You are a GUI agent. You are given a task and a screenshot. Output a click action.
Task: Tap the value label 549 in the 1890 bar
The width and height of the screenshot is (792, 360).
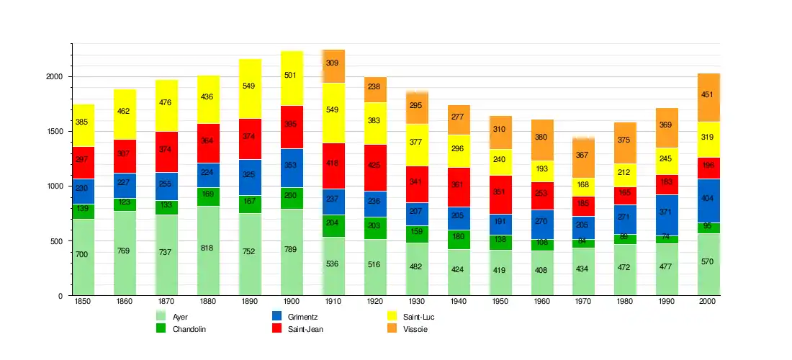point(249,86)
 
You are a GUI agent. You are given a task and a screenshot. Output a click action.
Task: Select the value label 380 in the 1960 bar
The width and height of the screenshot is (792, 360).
point(542,138)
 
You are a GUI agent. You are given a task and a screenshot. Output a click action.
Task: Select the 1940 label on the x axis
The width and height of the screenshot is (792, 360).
point(459,302)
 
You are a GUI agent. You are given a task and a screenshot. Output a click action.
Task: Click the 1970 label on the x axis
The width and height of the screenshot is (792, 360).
point(584,302)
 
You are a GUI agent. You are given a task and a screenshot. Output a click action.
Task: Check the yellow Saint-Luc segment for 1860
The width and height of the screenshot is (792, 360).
point(125,114)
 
